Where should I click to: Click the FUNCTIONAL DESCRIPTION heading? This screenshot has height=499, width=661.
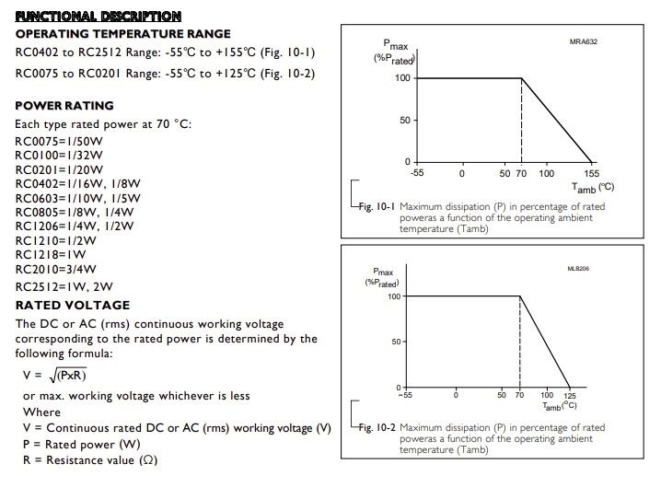[x=98, y=17]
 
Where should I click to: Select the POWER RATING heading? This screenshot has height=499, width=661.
[x=64, y=106]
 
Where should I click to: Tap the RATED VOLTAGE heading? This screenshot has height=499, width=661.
[x=73, y=306]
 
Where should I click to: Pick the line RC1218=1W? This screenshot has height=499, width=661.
[x=50, y=254]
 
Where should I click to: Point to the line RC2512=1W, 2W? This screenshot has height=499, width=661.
[x=64, y=286]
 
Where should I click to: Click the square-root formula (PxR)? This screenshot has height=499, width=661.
[x=69, y=375]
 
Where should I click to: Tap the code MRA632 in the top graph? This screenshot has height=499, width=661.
[x=585, y=41]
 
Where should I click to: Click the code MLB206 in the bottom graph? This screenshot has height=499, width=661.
[x=578, y=269]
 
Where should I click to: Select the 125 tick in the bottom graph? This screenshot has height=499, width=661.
[x=570, y=397]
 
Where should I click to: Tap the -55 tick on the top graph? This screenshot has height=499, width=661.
[x=417, y=173]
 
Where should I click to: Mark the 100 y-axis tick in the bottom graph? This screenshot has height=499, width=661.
[x=394, y=296]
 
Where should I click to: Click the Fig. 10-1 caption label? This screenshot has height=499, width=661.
[x=376, y=206]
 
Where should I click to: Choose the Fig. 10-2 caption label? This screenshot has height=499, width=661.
[x=376, y=427]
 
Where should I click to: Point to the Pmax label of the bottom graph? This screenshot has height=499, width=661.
[x=383, y=271]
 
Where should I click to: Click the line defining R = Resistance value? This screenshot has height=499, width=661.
[x=89, y=459]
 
